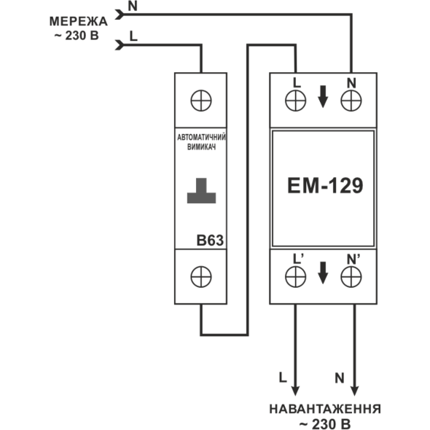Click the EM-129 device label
[325, 186]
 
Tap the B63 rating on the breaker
[210, 241]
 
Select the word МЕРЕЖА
[79, 22]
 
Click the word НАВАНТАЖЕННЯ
[325, 409]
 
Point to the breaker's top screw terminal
[201, 101]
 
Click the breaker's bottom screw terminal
[201, 277]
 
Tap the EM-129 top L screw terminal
[296, 101]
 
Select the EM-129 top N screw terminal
[351, 101]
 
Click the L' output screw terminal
[296, 277]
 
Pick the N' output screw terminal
[351, 277]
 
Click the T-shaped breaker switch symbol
[202, 191]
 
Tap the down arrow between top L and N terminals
[323, 96]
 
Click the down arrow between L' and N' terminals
[323, 273]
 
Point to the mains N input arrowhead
[120, 15]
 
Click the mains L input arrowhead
[120, 45]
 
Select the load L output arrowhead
[295, 391]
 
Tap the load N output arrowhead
[355, 391]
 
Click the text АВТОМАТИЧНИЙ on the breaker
[202, 137]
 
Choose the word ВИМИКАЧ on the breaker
[202, 147]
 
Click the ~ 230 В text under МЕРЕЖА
[77, 36]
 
